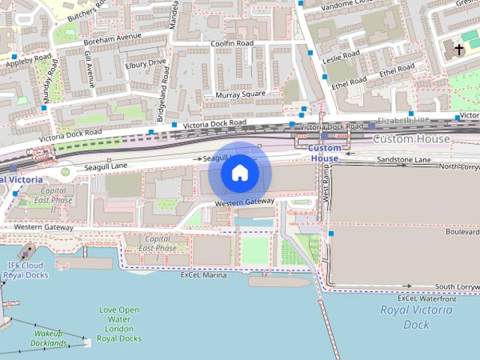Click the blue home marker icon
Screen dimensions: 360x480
(240, 172)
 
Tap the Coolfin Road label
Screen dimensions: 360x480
(232, 43)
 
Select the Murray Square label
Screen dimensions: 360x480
(240, 94)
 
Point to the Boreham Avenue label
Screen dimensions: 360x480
(113, 36)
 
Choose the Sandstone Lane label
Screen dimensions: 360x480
(403, 160)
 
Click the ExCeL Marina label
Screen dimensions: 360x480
(203, 275)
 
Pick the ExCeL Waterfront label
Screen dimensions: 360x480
(426, 298)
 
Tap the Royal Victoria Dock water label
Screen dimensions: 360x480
(406, 316)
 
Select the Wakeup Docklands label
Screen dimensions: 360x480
(49, 338)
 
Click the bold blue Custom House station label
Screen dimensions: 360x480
(325, 153)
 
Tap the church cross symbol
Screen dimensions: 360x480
(459, 49)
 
